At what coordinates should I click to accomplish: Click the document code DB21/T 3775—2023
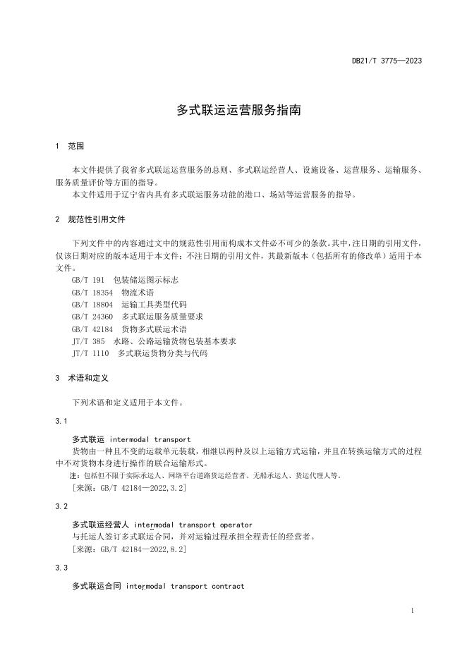387,61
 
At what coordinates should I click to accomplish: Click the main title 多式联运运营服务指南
233,111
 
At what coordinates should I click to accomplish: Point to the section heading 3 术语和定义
81,378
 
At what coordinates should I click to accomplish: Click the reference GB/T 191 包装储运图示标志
119,280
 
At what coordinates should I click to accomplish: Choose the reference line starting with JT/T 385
154,341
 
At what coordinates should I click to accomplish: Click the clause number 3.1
61,421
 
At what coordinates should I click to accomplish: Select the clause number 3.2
61,506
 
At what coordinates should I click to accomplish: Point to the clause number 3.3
61,568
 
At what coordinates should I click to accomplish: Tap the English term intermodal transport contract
185,586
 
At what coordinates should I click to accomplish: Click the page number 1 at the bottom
411,610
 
